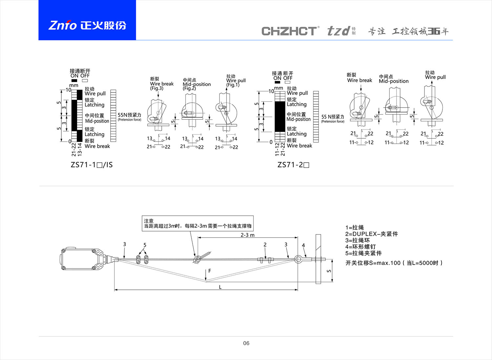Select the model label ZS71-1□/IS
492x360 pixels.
(92, 165)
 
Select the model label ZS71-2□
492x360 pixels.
(293, 165)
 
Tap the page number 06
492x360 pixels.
(246, 343)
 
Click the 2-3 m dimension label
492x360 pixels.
(247, 235)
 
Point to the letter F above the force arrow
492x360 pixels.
(210, 271)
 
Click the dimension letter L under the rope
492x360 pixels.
(220, 287)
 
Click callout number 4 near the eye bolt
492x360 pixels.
(303, 245)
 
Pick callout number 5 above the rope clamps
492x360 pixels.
(145, 245)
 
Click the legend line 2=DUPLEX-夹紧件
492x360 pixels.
(371, 234)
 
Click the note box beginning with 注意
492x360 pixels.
(198, 223)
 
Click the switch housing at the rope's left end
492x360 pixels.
(80, 259)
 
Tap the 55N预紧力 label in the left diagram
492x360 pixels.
(129, 115)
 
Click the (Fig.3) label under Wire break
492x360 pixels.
(156, 88)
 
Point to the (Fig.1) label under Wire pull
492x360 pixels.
(233, 85)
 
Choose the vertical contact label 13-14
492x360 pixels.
(79, 149)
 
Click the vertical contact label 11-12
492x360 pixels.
(277, 149)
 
